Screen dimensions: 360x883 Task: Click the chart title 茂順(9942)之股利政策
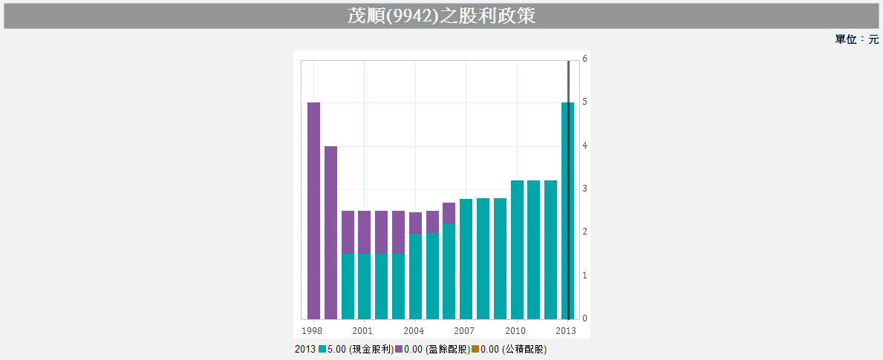coord(441,16)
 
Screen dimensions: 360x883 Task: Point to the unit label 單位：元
coord(856,39)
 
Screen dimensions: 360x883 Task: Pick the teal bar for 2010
coord(517,249)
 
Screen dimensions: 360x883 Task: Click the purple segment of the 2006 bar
coord(449,213)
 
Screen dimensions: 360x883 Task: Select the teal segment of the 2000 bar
coord(348,286)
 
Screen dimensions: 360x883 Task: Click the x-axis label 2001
coord(362,331)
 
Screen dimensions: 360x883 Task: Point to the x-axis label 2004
coord(414,331)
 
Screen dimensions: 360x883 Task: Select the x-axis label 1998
coord(312,331)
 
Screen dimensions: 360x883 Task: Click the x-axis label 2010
coord(515,331)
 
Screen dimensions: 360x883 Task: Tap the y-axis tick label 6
coord(585,59)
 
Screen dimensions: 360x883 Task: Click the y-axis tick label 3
coord(585,189)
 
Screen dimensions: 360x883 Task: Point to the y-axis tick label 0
coord(585,318)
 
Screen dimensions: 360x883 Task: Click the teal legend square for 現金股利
coord(322,349)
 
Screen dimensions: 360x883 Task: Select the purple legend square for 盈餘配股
coord(399,349)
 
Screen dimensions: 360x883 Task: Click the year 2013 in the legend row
coord(305,349)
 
